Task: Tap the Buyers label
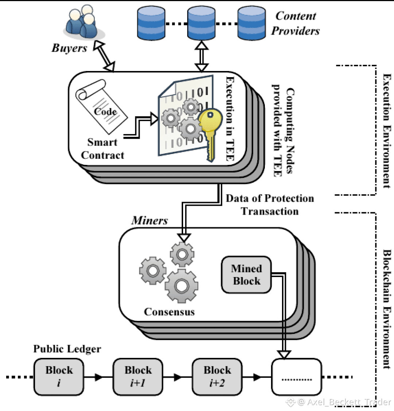(69, 48)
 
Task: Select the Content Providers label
(295, 23)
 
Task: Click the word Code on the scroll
(105, 111)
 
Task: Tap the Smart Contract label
(103, 149)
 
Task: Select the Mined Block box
(247, 275)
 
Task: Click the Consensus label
(169, 312)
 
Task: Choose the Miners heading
(150, 221)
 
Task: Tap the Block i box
(59, 377)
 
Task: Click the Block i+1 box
(138, 377)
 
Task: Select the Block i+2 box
(217, 377)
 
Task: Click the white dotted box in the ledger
(297, 377)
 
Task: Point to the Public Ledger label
(67, 349)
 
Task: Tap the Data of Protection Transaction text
(270, 205)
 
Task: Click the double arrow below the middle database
(201, 56)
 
